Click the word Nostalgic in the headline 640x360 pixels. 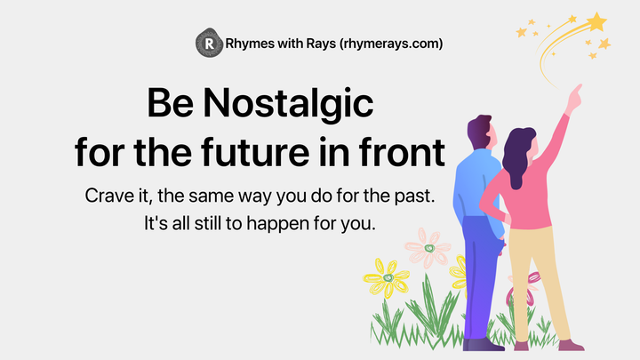click(x=289, y=106)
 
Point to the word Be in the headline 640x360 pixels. click(x=170, y=105)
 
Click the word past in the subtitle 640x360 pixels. click(x=412, y=195)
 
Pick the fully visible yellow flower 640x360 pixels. click(x=388, y=278)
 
